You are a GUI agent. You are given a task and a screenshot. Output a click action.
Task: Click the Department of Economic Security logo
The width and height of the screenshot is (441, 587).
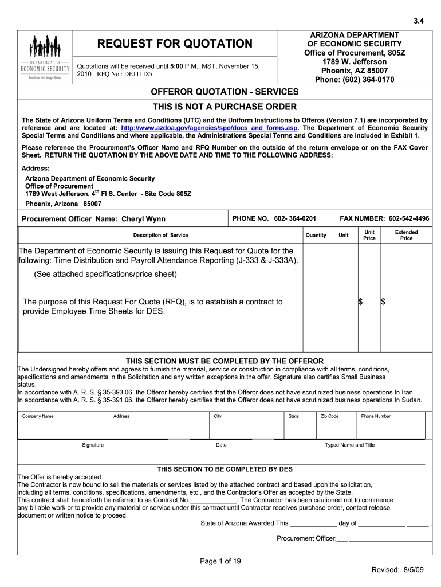(45, 57)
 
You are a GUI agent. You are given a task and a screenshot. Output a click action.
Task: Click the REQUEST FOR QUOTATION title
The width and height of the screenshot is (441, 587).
(174, 44)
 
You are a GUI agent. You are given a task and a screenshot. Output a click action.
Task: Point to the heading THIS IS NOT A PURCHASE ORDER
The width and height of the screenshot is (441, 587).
(224, 107)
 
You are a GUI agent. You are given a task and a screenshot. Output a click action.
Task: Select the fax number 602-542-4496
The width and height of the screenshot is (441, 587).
(409, 218)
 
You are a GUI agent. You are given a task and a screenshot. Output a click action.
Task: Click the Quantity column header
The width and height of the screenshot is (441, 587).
(316, 235)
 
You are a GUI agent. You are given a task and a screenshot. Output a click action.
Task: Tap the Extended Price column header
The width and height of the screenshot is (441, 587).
(406, 235)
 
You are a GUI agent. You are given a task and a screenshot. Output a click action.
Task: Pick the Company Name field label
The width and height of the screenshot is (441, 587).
(38, 416)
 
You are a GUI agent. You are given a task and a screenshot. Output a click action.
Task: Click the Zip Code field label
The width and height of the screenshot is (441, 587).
(329, 416)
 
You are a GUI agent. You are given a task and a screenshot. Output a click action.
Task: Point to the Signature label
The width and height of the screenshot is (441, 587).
(93, 445)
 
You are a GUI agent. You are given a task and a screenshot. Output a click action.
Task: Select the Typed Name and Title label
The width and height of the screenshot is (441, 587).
(349, 445)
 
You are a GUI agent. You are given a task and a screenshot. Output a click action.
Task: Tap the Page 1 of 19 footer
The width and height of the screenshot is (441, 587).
(220, 561)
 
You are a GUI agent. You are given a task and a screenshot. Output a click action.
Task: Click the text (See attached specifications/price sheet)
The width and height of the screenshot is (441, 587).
(105, 274)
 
